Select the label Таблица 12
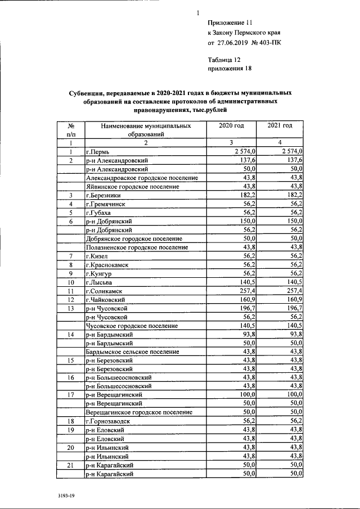(x=224, y=60)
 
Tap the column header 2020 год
(x=231, y=126)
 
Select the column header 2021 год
(x=280, y=126)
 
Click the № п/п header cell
(x=71, y=130)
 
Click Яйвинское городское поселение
(x=132, y=187)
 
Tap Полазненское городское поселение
(x=137, y=247)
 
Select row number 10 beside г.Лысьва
(x=71, y=282)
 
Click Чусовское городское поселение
(x=132, y=326)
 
